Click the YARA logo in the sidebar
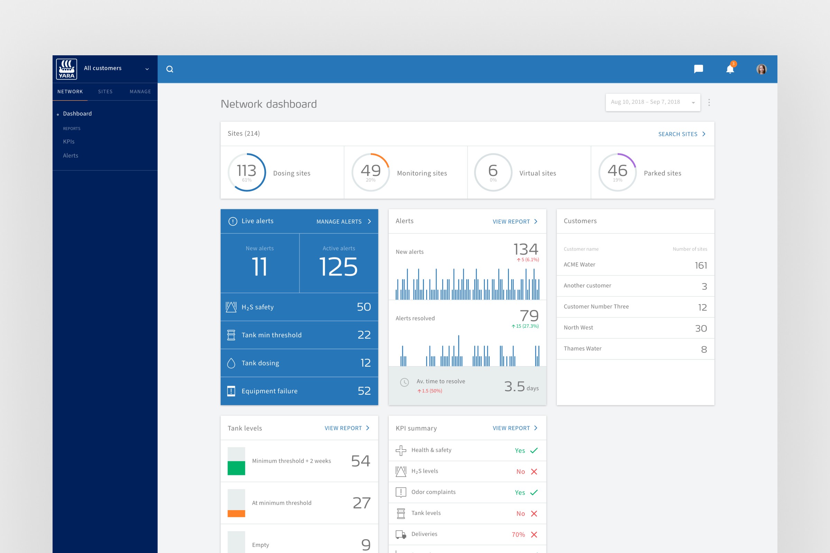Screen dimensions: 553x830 point(66,69)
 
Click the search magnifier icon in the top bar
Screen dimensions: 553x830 point(170,69)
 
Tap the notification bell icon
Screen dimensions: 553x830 point(730,69)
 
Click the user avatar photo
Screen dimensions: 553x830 point(761,69)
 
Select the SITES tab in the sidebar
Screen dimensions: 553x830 point(105,92)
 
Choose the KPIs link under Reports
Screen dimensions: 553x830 point(69,141)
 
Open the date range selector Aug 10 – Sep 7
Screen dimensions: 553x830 point(653,102)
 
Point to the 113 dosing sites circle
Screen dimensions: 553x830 point(247,172)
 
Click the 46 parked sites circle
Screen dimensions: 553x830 point(617,172)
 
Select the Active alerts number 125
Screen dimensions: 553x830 point(338,267)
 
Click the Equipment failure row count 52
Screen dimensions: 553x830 point(364,391)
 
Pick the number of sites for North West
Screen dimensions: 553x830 point(701,328)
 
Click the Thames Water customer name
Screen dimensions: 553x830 point(582,348)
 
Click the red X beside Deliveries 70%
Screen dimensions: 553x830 point(534,535)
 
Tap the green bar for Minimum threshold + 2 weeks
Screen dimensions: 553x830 point(236,468)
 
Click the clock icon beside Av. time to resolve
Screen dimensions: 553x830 point(404,382)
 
